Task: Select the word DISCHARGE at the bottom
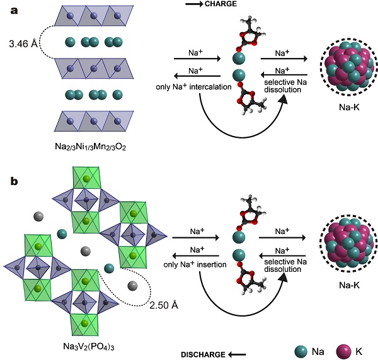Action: coord(203,355)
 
